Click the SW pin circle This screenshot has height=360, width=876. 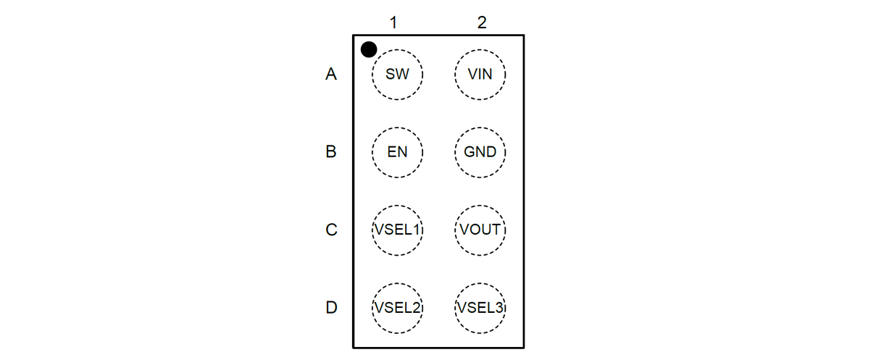pos(397,74)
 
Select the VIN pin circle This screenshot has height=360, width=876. pos(480,74)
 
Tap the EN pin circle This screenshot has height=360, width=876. pos(397,152)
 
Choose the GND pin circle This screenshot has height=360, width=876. pos(480,152)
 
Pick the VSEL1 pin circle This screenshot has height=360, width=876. pos(397,230)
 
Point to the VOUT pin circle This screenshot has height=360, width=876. pos(480,230)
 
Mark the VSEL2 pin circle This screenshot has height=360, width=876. pos(397,307)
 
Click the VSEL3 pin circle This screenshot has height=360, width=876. pos(480,307)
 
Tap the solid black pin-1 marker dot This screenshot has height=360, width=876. pos(369,49)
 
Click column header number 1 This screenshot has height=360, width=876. pos(393,22)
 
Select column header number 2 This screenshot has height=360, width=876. pos(482,22)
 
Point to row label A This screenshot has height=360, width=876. pos(331,74)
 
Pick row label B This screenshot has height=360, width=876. pos(331,152)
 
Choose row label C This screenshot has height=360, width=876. pos(331,230)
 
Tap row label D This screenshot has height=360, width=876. pos(331,307)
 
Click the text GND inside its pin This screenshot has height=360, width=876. pos(480,152)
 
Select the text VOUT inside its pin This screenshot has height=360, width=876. pos(480,230)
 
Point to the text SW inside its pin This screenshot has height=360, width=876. pos(397,74)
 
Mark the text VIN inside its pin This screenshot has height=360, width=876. pos(480,74)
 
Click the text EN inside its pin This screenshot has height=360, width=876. pos(397,152)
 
